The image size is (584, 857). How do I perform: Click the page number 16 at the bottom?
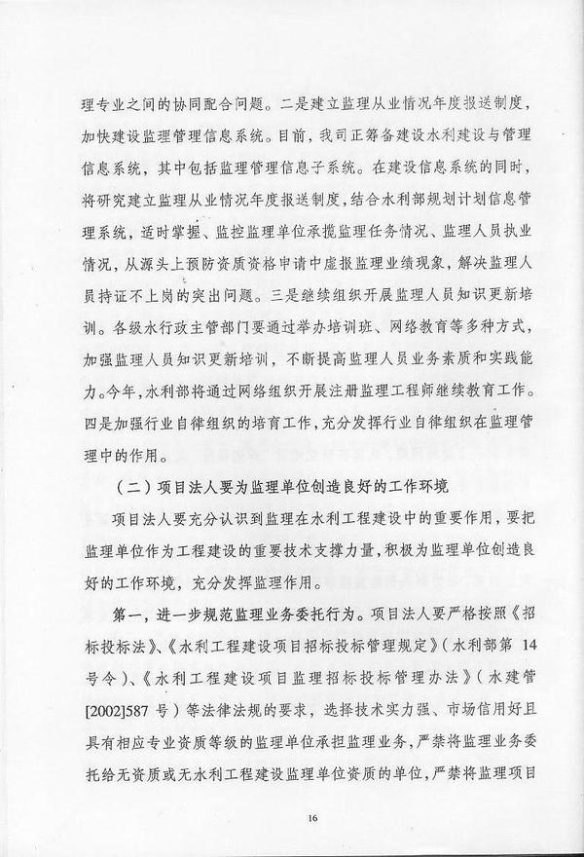pos(311,818)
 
